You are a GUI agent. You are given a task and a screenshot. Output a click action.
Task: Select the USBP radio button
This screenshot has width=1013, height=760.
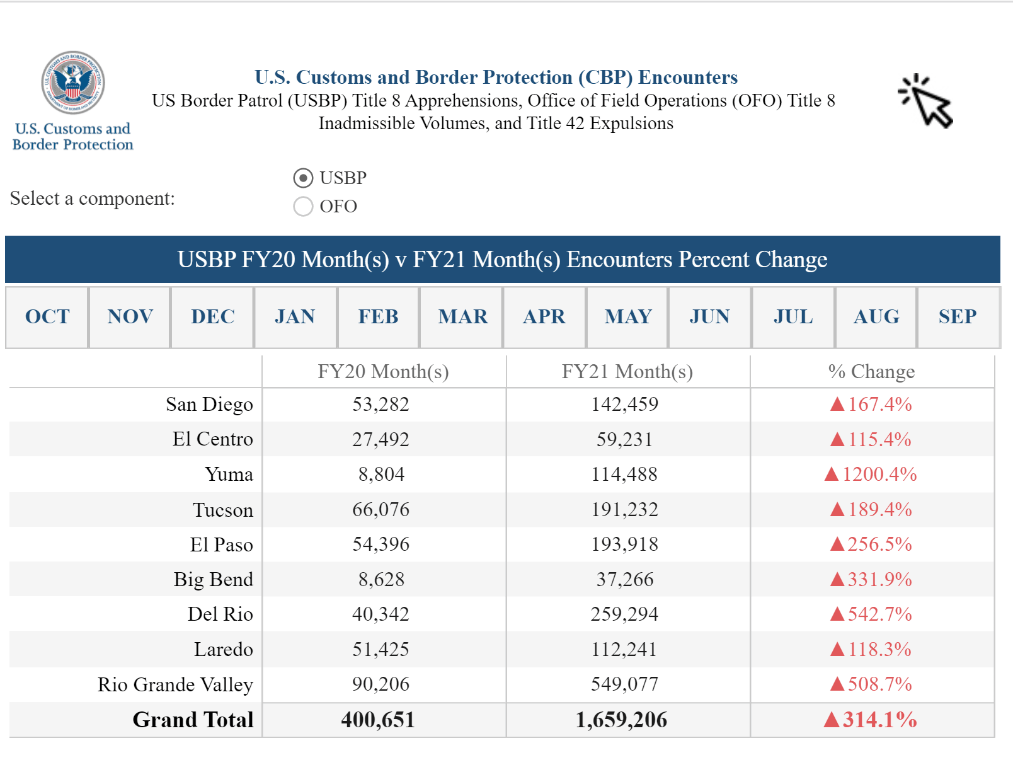click(x=303, y=178)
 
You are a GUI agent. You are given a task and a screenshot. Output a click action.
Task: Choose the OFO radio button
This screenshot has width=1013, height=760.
click(x=303, y=206)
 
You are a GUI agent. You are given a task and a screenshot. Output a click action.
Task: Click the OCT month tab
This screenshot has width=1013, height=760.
click(x=47, y=316)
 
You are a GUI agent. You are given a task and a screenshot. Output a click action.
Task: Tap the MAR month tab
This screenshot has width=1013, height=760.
click(x=462, y=316)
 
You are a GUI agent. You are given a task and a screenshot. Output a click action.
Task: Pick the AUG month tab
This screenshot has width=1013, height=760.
click(x=876, y=316)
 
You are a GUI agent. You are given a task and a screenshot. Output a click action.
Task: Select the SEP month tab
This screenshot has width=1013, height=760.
click(x=958, y=316)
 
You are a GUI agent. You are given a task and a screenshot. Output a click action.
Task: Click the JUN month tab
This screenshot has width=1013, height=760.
click(x=709, y=316)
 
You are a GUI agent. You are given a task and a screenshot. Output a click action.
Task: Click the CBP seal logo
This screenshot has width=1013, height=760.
click(x=73, y=83)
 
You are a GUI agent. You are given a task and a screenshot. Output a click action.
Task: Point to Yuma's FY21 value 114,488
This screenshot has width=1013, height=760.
click(x=624, y=475)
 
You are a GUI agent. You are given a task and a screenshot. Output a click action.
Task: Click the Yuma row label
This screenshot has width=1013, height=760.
click(x=229, y=475)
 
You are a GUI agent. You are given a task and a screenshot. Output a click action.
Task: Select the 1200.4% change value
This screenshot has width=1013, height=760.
click(x=879, y=475)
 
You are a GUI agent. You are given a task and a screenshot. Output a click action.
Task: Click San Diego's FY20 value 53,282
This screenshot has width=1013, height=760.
click(x=381, y=405)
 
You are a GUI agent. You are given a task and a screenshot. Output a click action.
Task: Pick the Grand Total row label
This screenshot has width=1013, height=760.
click(x=193, y=720)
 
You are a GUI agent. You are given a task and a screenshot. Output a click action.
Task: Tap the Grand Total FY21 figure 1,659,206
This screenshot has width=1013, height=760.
click(x=621, y=720)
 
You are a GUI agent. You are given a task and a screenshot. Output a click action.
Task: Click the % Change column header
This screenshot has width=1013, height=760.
click(x=871, y=372)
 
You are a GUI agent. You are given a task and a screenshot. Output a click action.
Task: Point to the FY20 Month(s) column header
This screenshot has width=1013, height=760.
click(x=383, y=372)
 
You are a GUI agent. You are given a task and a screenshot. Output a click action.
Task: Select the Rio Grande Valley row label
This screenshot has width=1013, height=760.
click(x=175, y=684)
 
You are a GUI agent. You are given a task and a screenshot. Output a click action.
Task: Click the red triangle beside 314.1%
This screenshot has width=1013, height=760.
click(x=832, y=720)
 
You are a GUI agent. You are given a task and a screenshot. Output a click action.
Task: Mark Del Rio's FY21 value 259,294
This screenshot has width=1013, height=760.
click(x=624, y=614)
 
